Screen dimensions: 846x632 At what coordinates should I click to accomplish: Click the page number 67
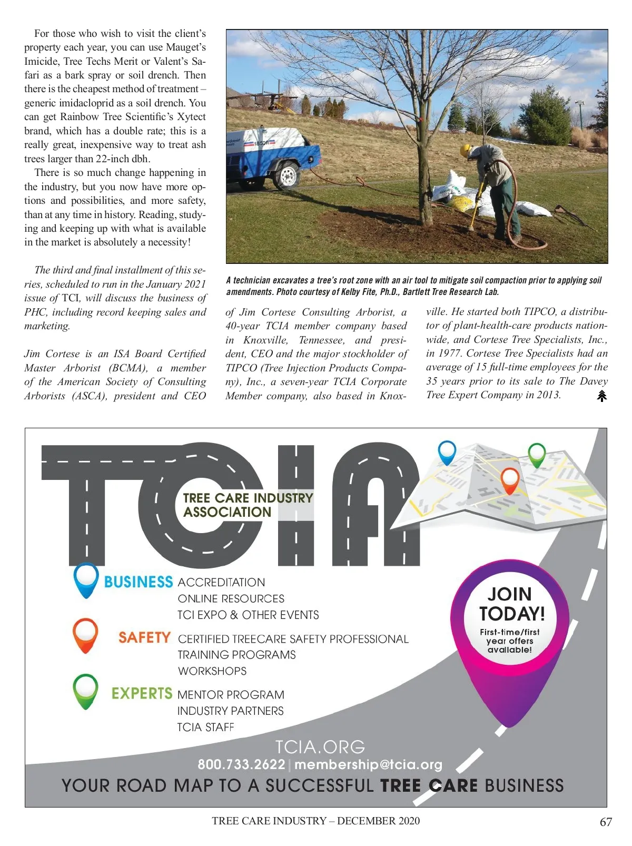[606, 822]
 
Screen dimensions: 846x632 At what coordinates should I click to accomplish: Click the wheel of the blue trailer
[287, 176]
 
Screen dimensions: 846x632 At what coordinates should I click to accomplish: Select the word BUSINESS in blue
[139, 582]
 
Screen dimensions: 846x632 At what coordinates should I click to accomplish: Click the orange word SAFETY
[144, 638]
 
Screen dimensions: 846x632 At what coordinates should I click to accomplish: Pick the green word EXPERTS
[142, 693]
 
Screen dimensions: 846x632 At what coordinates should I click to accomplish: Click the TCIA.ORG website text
[320, 746]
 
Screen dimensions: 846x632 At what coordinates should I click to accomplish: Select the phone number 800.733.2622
[241, 764]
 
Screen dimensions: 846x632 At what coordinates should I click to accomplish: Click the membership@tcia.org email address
[368, 764]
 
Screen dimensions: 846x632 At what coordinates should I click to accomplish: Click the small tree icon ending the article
[602, 396]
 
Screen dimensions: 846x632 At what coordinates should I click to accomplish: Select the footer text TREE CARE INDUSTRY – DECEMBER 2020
[316, 821]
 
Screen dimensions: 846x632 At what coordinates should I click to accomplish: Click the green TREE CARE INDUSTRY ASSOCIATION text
[248, 505]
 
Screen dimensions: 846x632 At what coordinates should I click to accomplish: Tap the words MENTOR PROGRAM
[231, 695]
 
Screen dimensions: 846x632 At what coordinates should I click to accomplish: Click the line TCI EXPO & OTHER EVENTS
[248, 615]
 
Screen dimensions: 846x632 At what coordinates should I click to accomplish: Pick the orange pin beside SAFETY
[85, 634]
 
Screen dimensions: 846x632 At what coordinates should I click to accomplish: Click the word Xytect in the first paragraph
[192, 117]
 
